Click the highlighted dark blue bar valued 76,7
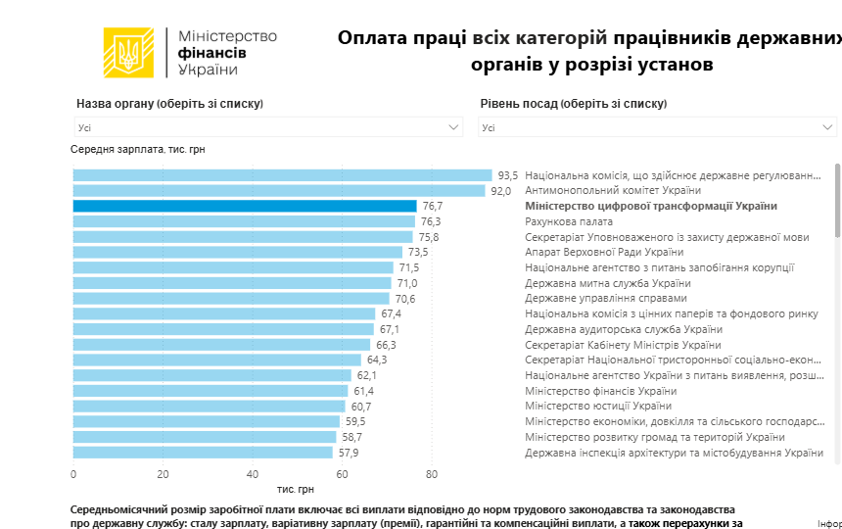245,206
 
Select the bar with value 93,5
282,175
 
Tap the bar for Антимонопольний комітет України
279,191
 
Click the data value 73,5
418,252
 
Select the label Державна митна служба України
613,283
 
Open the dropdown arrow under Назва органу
454,127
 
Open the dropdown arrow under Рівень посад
828,127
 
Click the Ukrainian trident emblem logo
128,53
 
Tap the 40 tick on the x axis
253,474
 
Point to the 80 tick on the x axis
432,474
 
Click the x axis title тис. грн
296,488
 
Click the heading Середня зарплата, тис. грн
138,149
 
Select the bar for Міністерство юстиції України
209,407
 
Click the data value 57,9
349,453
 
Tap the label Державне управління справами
606,298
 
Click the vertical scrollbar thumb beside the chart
837,201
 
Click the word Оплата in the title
371,38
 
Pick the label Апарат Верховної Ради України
604,252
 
